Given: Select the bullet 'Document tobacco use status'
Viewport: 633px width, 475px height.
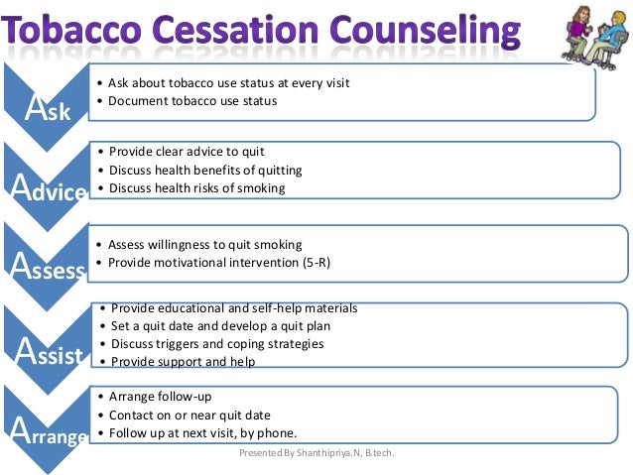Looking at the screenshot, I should coord(192,100).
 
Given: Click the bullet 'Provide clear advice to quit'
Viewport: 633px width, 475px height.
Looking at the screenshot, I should coord(186,152).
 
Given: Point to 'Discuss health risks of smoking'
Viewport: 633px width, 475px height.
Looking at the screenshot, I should coord(196,187).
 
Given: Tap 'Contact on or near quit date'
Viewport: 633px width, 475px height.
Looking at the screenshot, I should coord(190,415).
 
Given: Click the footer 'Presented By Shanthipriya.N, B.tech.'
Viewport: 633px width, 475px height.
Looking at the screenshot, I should coord(323,453).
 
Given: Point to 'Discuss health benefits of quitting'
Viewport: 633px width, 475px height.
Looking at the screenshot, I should coord(205,170).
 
